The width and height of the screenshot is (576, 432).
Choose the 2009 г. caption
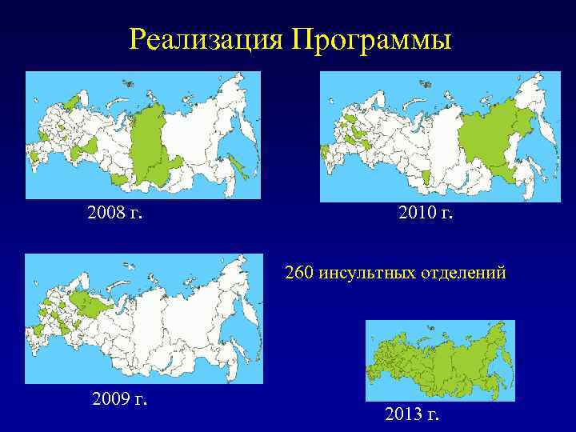click(x=121, y=398)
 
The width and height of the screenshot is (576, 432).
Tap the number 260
click(x=300, y=273)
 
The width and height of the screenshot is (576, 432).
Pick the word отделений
click(x=466, y=273)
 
